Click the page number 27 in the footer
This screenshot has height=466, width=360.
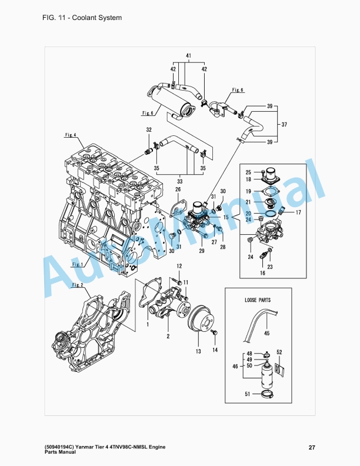tap(312, 448)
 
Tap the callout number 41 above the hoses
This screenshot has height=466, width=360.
tap(189, 55)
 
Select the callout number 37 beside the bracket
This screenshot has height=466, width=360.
tap(284, 124)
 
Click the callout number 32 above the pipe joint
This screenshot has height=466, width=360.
tap(149, 130)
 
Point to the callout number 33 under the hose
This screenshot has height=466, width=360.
tap(179, 181)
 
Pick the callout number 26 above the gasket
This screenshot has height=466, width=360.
tap(178, 189)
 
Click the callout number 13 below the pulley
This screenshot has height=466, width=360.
tap(198, 351)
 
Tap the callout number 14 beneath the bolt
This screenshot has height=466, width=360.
tap(215, 350)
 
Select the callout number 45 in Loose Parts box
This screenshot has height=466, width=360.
tap(266, 334)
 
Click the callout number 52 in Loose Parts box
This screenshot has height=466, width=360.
tap(279, 352)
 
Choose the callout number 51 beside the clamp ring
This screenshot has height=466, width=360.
tap(248, 394)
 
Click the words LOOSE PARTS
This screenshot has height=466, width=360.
tap(258, 300)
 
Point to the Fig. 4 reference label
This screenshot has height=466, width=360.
tap(71, 135)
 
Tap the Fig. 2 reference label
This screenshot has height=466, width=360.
tap(78, 285)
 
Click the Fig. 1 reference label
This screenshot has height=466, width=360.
tap(78, 264)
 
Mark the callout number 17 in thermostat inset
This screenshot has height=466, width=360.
tap(298, 212)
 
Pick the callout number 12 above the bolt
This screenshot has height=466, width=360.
tap(179, 266)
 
